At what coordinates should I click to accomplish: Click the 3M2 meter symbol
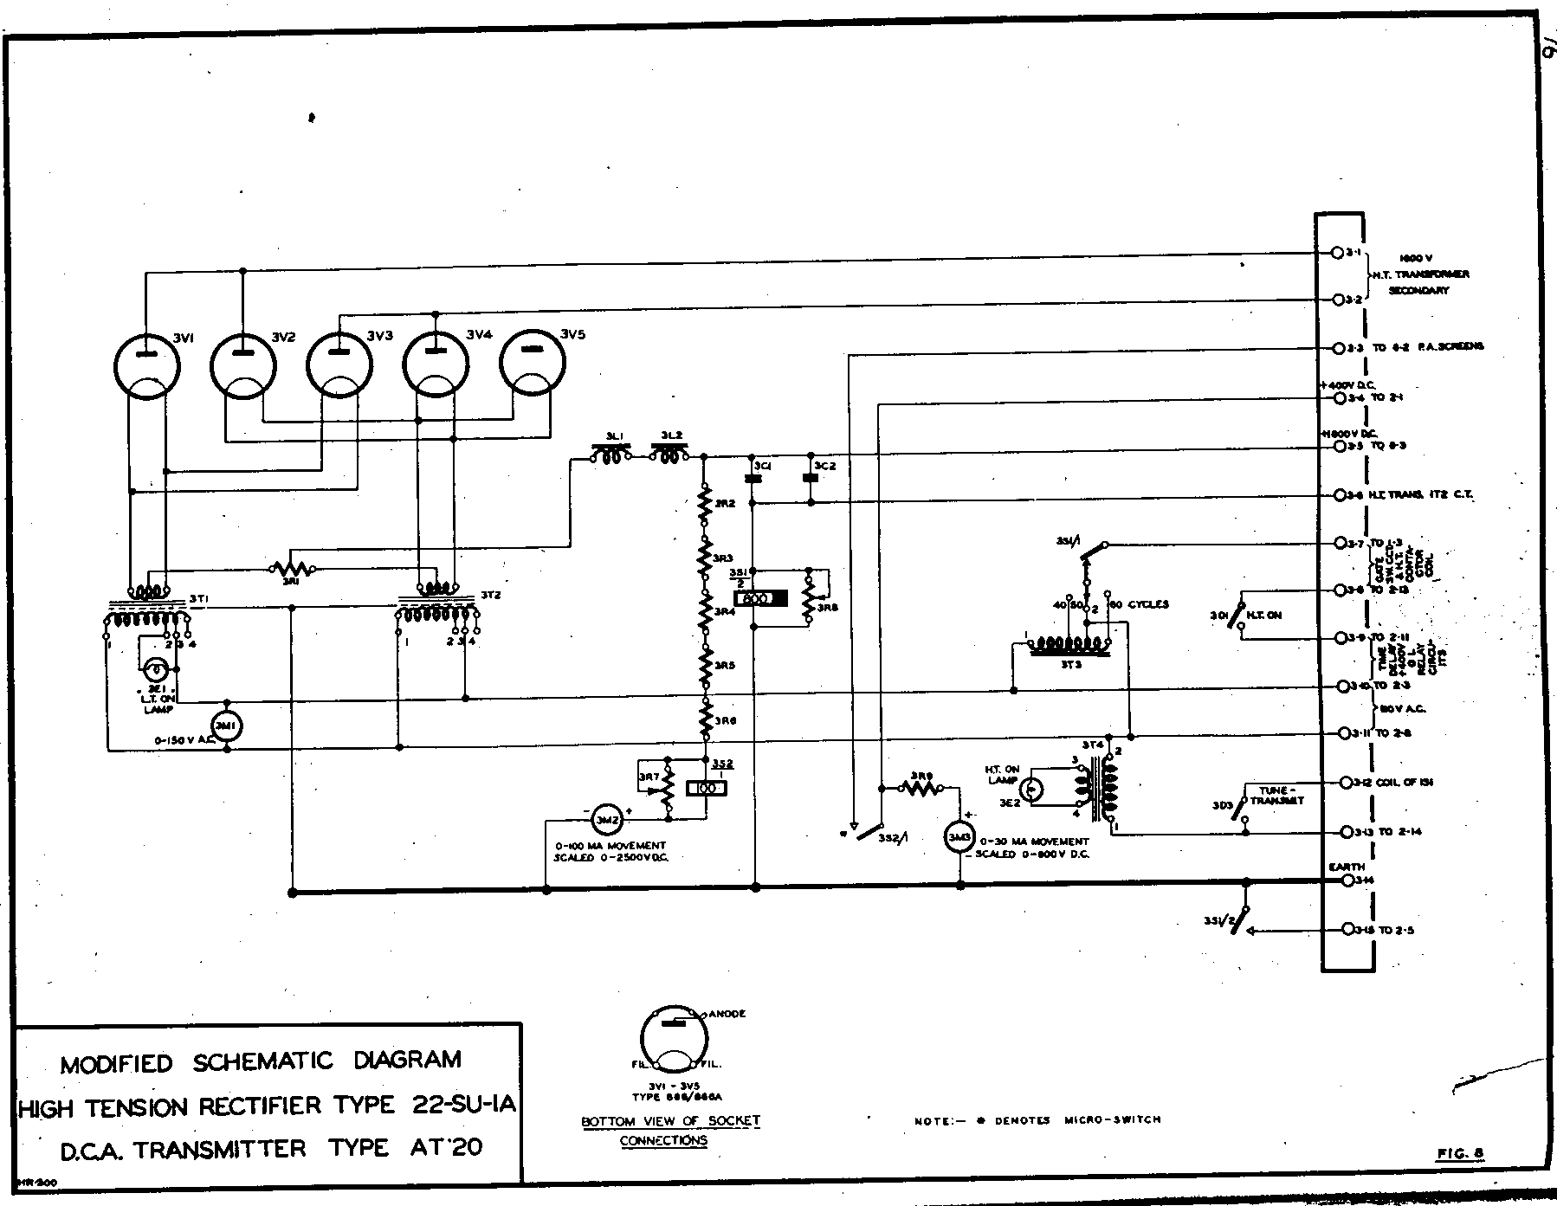[x=604, y=816]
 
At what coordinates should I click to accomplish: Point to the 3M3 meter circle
[x=959, y=837]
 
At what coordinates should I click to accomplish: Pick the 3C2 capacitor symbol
[x=811, y=477]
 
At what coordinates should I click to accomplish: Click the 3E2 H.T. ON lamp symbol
[x=1030, y=790]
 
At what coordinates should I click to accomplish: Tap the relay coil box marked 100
[x=706, y=789]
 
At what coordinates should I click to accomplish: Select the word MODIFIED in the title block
[x=116, y=1063]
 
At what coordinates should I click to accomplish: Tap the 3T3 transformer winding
[x=1067, y=646]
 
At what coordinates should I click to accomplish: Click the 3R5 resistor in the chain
[x=706, y=667]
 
